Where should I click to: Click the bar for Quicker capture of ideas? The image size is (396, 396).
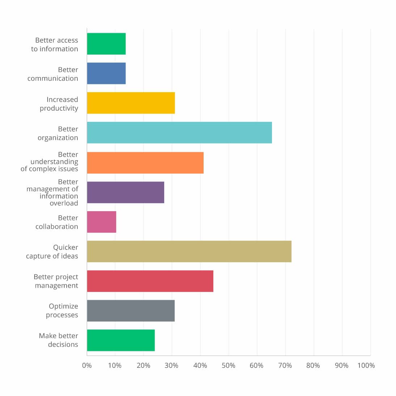(x=189, y=251)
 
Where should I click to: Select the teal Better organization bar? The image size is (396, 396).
(x=179, y=133)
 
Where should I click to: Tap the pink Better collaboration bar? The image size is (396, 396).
(x=102, y=222)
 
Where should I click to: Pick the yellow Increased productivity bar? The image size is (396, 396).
(x=131, y=103)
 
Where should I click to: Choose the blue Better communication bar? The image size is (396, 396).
(x=106, y=73)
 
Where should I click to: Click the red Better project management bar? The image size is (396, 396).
(x=150, y=281)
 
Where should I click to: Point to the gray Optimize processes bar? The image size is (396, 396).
(x=131, y=311)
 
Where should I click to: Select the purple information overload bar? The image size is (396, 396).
(x=125, y=192)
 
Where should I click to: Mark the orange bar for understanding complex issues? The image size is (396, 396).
(x=145, y=163)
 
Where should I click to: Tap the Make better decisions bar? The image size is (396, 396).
(x=121, y=340)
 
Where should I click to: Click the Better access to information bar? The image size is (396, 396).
(x=106, y=44)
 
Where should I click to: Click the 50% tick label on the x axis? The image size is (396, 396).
(x=228, y=366)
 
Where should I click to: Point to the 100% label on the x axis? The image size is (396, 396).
(x=366, y=366)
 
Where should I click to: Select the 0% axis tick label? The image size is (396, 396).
(x=87, y=366)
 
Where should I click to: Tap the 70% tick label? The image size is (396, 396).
(x=285, y=366)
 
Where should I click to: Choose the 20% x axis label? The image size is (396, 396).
(x=143, y=366)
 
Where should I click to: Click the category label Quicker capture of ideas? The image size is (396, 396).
(x=52, y=252)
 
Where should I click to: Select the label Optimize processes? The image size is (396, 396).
(x=62, y=310)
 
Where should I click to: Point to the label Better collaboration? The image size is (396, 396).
(x=57, y=222)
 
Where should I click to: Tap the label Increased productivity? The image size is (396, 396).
(x=59, y=104)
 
